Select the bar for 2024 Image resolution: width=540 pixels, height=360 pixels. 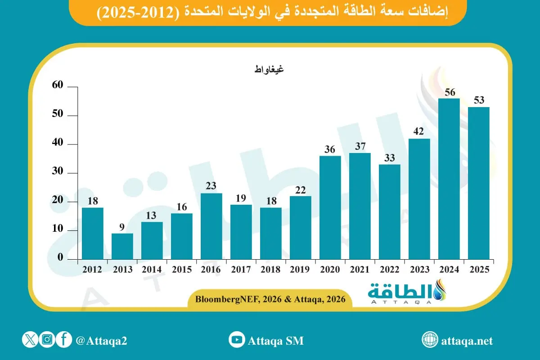tap(449, 179)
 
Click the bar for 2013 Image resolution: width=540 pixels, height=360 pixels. tap(122, 246)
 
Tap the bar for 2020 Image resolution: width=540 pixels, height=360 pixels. tap(330, 207)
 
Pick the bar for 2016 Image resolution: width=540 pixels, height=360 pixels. tap(211, 226)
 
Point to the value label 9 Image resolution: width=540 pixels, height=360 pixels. tap(122, 227)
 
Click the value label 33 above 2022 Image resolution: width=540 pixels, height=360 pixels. tap(389, 158)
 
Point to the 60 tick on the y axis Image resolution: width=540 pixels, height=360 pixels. tap(59, 86)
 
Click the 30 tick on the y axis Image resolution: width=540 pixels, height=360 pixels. tap(59, 173)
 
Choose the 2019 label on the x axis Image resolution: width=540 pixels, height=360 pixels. tap(300, 270)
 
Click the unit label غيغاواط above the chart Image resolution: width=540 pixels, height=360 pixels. tap(269, 69)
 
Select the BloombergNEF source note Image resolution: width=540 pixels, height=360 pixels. tap(270, 299)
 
